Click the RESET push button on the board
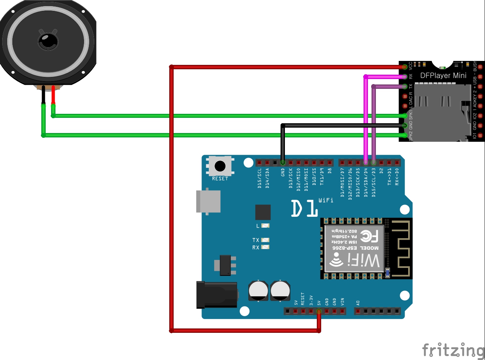point(220,166)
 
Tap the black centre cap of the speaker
point(48,41)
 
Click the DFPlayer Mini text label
point(443,75)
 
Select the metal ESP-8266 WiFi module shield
point(353,248)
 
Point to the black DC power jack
point(216,295)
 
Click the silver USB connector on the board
point(208,201)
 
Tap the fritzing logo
point(453,350)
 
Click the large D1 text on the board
point(304,208)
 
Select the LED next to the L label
point(265,225)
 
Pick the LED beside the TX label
point(265,240)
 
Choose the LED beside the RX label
point(265,247)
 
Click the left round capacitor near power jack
point(258,290)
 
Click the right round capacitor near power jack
point(280,290)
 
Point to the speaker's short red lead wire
point(53,95)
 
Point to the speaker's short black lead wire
point(43,95)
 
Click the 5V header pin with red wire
point(319,311)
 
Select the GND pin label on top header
point(283,173)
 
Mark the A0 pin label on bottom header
point(358,303)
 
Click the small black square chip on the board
point(263,212)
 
